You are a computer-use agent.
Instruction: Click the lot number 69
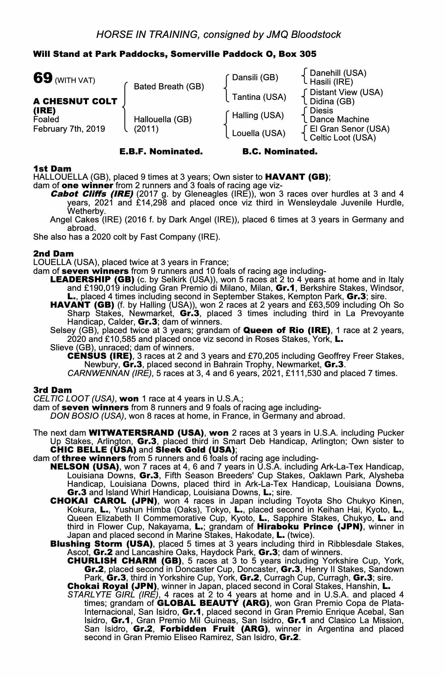click(42, 79)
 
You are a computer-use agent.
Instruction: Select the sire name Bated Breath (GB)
click(169, 87)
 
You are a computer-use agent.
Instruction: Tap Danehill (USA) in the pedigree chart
click(338, 73)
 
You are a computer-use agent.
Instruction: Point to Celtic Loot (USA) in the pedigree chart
click(343, 138)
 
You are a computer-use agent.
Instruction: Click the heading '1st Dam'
click(52, 169)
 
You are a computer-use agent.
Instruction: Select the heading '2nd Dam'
click(53, 254)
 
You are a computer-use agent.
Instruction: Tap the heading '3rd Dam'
click(52, 390)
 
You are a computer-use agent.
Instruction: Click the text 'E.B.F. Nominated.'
click(161, 152)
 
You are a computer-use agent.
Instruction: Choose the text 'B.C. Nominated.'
click(280, 152)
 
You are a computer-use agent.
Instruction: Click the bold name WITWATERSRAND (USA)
click(146, 433)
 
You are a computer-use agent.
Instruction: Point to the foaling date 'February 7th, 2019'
click(69, 129)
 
